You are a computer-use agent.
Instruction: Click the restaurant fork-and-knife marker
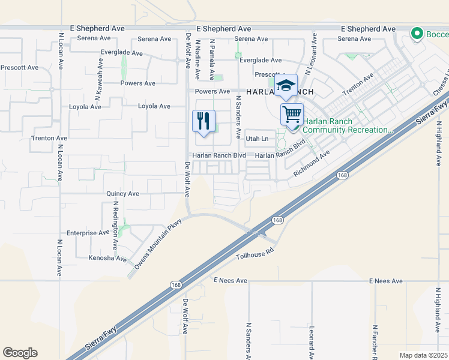(203, 121)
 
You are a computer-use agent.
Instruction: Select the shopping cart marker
(292, 113)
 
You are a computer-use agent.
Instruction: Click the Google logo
(20, 353)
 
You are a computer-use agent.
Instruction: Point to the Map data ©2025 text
(424, 355)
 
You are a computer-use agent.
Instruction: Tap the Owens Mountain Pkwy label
(157, 243)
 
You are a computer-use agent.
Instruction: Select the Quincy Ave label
(122, 194)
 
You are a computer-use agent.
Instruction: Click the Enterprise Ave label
(88, 233)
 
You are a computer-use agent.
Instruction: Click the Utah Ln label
(257, 139)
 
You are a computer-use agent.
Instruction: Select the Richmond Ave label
(312, 163)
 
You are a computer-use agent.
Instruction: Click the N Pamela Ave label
(212, 59)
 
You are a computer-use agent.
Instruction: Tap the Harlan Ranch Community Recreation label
(348, 125)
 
